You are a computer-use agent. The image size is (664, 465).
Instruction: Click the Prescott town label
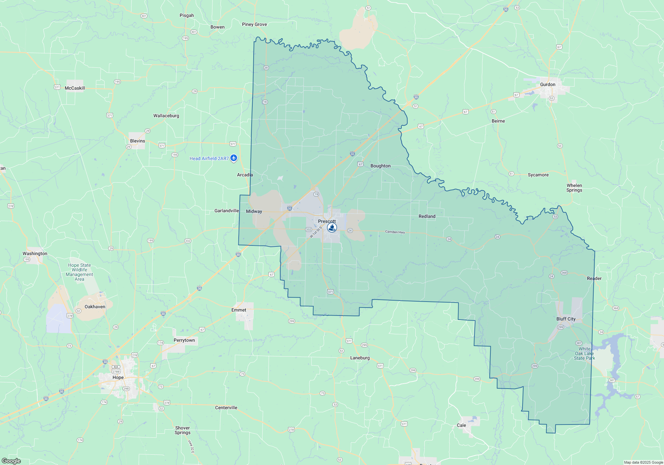[327, 221]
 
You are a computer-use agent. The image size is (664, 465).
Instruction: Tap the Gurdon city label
[547, 84]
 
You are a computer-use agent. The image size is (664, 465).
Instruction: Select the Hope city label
[118, 377]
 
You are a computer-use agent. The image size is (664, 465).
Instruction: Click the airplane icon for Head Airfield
[234, 158]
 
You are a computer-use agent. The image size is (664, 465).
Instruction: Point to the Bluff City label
[566, 319]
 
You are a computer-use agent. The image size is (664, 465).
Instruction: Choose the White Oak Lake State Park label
[584, 353]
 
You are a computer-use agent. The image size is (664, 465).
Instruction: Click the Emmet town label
[239, 310]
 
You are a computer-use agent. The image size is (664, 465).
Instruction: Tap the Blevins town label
[137, 141]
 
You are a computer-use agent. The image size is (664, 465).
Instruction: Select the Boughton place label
[380, 166]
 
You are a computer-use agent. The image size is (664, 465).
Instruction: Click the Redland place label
[427, 216]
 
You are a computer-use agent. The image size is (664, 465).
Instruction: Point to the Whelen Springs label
[574, 188]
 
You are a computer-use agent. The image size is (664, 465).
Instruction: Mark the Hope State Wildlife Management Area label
[79, 272]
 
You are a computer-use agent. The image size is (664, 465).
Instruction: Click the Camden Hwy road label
[395, 232]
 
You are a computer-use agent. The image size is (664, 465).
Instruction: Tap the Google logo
[11, 461]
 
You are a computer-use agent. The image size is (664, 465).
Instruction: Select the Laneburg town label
[360, 358]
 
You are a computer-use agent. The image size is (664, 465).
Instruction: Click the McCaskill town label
[75, 88]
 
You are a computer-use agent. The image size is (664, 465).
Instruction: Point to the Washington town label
[35, 253]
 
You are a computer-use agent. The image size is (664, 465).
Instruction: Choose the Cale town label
[461, 425]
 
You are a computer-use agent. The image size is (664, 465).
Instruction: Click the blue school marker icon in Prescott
[332, 228]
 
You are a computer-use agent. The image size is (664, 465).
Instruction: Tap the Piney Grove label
[254, 24]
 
